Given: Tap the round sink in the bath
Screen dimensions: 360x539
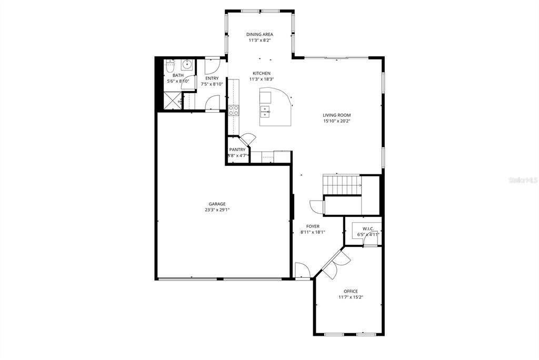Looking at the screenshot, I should tap(186, 65).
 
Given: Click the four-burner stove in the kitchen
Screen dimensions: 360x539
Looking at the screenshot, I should tap(234, 110).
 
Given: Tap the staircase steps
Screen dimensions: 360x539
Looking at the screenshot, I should tap(341, 185).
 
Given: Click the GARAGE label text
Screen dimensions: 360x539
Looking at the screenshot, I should tap(217, 204).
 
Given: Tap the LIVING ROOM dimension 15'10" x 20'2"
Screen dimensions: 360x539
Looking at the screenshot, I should tap(337, 121).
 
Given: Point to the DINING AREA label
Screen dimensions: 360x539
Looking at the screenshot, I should tap(259, 35).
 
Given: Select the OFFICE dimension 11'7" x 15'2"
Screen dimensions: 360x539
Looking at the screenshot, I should tap(351, 297).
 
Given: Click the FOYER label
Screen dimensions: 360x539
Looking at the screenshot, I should tap(313, 226).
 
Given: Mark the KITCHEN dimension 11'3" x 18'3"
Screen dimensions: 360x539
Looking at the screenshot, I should tap(262, 79).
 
